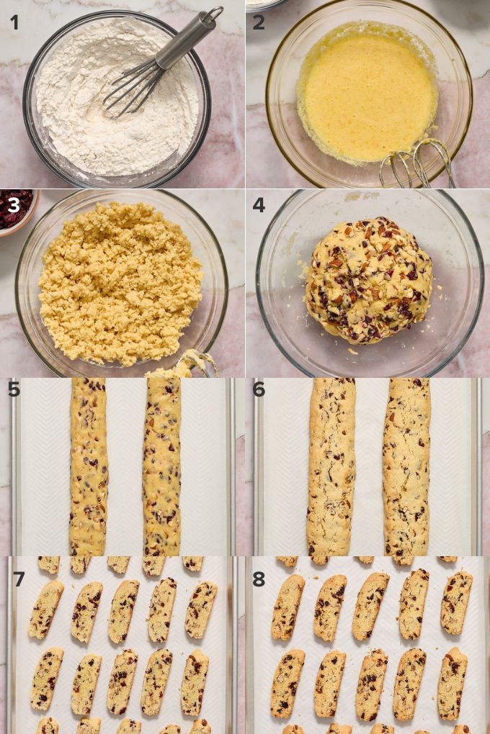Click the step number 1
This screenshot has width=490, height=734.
(x=15, y=22)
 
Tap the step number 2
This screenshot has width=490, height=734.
(x=259, y=22)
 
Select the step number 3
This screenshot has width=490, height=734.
(x=14, y=205)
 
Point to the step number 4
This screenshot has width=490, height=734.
(x=259, y=205)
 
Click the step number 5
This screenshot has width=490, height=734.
(x=14, y=389)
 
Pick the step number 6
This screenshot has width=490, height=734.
(x=259, y=389)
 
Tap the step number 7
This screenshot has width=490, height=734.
(x=19, y=579)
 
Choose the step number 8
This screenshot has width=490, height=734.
(x=259, y=579)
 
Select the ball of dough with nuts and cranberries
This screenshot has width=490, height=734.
(x=369, y=280)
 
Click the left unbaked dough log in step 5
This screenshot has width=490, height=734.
(x=89, y=467)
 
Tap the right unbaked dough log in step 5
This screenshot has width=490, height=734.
(x=161, y=467)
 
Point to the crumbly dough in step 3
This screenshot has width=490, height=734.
(x=120, y=284)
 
